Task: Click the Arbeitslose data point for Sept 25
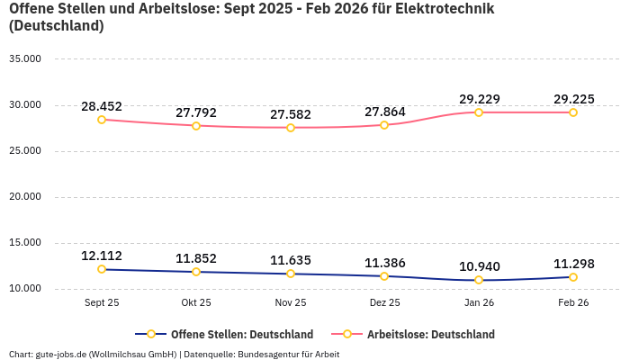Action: click(102, 120)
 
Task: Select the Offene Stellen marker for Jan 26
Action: click(479, 280)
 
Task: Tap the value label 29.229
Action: click(479, 99)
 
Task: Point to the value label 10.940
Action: click(479, 266)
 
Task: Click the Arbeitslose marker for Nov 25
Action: click(291, 128)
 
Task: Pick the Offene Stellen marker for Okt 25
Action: click(196, 272)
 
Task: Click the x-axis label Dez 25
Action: click(384, 303)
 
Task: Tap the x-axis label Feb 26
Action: click(573, 303)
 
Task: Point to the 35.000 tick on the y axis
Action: click(25, 59)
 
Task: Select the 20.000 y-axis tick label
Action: click(25, 197)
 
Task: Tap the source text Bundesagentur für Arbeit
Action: click(288, 354)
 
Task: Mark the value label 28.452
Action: click(102, 106)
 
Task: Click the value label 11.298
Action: click(573, 264)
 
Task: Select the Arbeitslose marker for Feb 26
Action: click(573, 112)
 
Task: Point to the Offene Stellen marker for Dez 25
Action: click(384, 276)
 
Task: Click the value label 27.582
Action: click(291, 114)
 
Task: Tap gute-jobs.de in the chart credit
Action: click(59, 354)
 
